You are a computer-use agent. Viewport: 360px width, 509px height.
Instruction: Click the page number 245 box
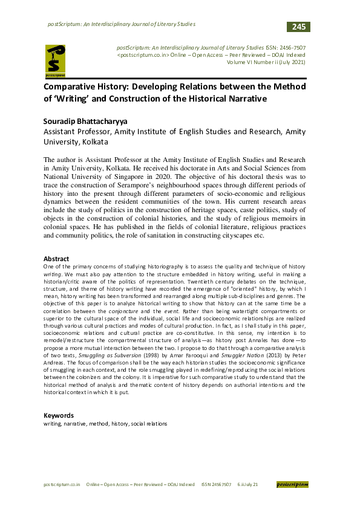tap(299, 27)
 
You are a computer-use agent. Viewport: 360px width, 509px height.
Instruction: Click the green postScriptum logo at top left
tap(58, 61)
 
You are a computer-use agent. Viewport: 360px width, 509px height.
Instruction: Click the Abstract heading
tap(56, 259)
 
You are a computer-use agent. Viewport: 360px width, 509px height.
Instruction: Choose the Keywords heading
tap(59, 416)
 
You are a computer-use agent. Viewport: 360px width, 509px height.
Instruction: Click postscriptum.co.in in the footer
tap(62, 485)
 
